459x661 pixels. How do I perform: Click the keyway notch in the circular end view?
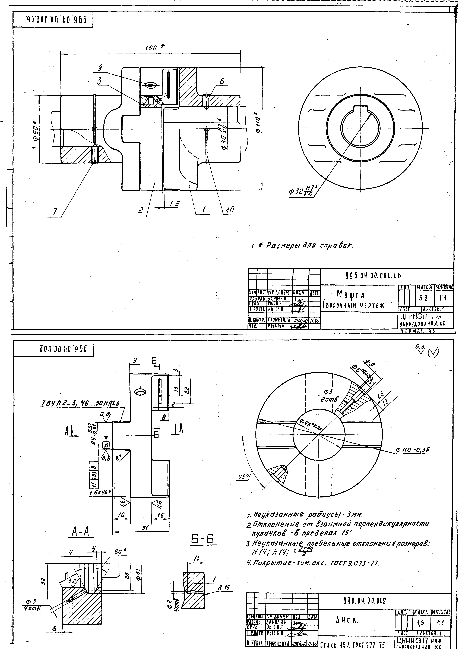click(x=361, y=109)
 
